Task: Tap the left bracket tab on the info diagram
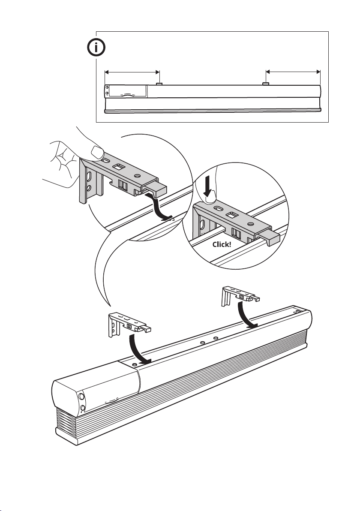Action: click(159, 84)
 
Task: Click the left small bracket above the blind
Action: click(128, 324)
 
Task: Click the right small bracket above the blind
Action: click(240, 296)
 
